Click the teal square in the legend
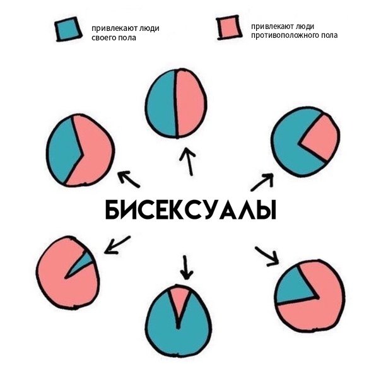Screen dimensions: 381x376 68,28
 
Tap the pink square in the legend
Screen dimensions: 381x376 228,27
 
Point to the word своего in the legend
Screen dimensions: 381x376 104,38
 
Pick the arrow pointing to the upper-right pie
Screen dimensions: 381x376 262,182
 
